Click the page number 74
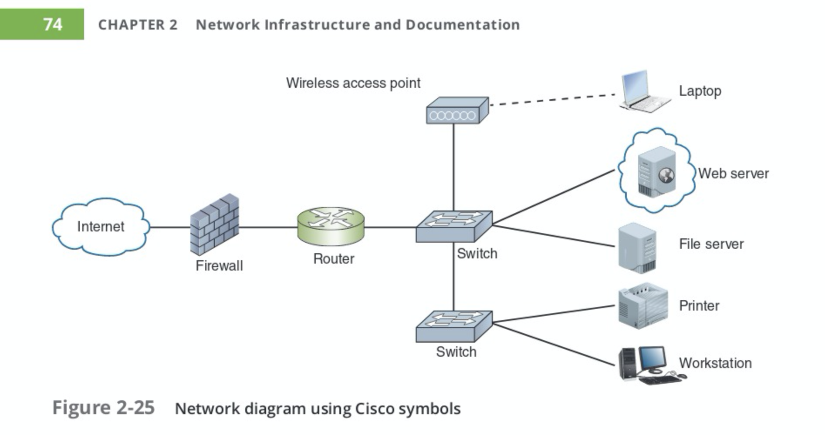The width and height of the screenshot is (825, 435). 53,24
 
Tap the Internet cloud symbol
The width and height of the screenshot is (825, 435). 101,227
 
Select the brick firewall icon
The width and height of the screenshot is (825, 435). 215,224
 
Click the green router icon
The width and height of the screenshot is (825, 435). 331,226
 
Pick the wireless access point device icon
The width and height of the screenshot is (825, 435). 457,110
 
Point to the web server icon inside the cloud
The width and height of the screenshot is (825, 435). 656,171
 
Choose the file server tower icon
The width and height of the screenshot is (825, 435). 637,248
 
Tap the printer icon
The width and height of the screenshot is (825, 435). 642,305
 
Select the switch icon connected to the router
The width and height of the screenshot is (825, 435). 454,226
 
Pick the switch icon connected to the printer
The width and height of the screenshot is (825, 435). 454,326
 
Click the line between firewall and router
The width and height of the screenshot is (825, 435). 268,227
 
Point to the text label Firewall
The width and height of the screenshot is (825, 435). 219,265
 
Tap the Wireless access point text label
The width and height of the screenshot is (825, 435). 353,83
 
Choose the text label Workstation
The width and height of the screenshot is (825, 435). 715,363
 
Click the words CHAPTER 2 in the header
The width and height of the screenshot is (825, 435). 138,25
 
